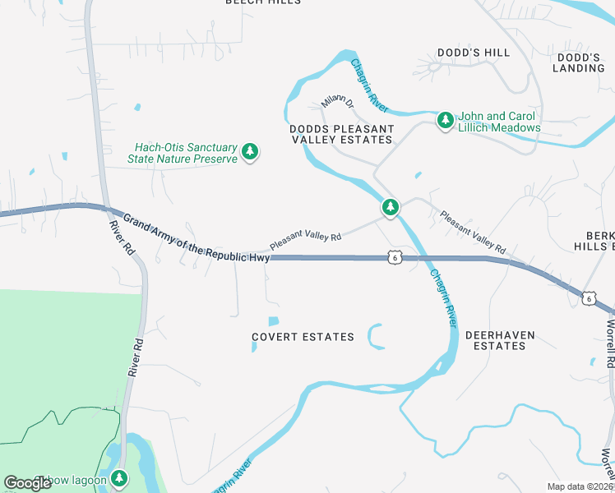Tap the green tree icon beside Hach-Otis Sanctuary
pyautogui.click(x=251, y=152)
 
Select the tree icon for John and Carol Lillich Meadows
pyautogui.click(x=445, y=121)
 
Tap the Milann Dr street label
pyautogui.click(x=338, y=103)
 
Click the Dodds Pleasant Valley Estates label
pyautogui.click(x=341, y=135)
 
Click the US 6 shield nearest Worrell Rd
pyautogui.click(x=587, y=297)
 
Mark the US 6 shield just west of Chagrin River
pyautogui.click(x=395, y=257)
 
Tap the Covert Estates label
pyautogui.click(x=303, y=337)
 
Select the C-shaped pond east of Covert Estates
pyautogui.click(x=375, y=336)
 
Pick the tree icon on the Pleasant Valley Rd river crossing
pyautogui.click(x=391, y=208)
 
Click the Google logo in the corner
pyautogui.click(x=28, y=482)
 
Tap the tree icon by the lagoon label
pyautogui.click(x=120, y=477)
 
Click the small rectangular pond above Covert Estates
pyautogui.click(x=273, y=321)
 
